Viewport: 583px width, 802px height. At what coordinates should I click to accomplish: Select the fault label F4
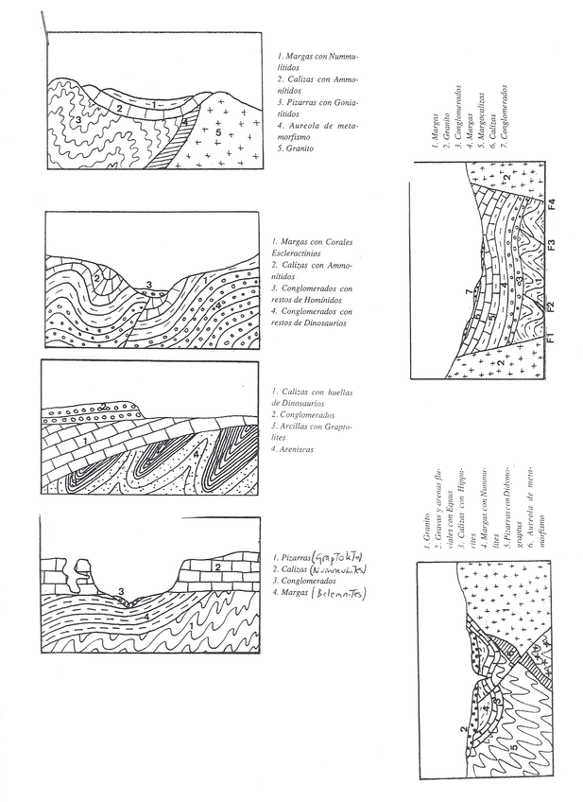point(548,202)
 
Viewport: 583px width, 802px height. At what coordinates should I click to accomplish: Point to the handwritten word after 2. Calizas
point(339,570)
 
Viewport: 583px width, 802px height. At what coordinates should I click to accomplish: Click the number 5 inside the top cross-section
point(217,134)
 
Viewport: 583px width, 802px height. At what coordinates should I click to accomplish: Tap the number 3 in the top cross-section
point(75,121)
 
